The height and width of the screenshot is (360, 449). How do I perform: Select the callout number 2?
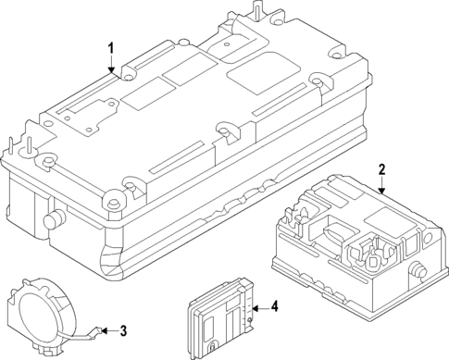380,169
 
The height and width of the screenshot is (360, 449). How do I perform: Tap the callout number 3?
123,329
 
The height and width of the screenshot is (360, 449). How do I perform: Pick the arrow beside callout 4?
258,308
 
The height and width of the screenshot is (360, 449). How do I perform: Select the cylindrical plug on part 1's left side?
55,219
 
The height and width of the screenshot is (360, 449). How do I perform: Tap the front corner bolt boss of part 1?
115,197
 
